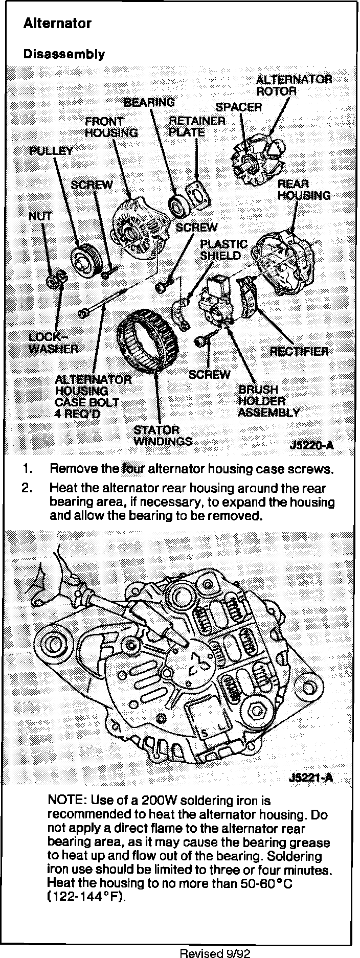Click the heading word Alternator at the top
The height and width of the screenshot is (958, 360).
(57, 24)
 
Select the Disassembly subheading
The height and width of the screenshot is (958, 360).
(64, 55)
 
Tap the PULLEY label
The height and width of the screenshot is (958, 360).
(51, 151)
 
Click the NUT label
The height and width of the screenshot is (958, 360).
(40, 216)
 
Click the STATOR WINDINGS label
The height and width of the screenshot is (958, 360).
(163, 436)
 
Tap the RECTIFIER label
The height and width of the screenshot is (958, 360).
(299, 351)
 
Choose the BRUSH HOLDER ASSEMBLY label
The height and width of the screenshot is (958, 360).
(268, 401)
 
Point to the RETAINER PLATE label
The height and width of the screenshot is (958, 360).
(197, 127)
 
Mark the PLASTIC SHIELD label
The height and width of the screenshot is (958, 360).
(223, 249)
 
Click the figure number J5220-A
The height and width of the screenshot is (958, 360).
(311, 445)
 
